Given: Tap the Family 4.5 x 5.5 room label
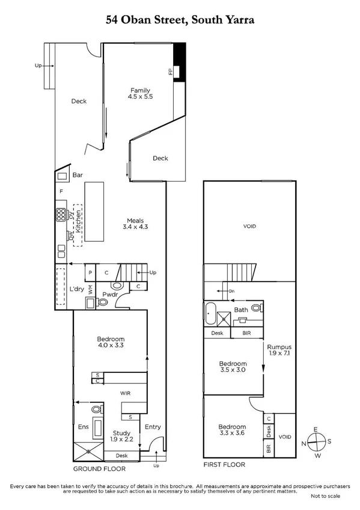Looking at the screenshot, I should click(140, 94).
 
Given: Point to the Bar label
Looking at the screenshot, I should click(77, 176).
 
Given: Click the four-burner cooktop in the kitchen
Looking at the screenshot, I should click(61, 214).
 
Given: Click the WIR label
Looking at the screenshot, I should click(124, 393).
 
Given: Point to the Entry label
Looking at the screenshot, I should click(153, 427).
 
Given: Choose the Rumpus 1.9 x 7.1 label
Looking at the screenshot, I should click(279, 350).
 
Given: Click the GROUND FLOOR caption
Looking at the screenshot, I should click(99, 469).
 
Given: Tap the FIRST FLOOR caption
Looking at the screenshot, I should click(224, 464).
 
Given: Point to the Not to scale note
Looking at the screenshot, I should click(325, 496).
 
